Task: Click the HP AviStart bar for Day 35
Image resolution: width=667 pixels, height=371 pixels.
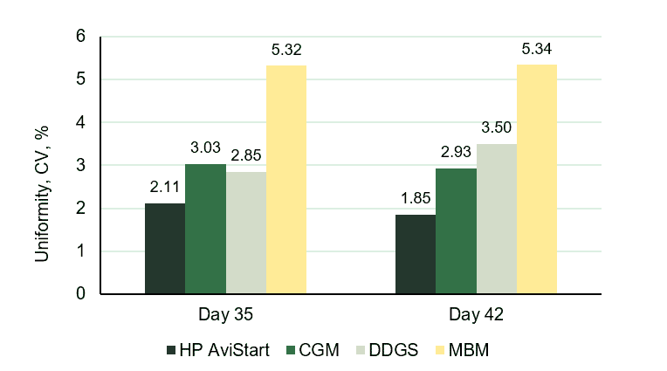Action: pyautogui.click(x=165, y=249)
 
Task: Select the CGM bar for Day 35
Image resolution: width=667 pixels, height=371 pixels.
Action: pyautogui.click(x=205, y=229)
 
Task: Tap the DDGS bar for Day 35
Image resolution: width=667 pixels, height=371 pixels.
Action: pyautogui.click(x=245, y=233)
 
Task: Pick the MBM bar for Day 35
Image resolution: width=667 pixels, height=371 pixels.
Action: pyautogui.click(x=286, y=180)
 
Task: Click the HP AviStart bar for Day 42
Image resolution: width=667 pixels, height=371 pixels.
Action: pyautogui.click(x=416, y=254)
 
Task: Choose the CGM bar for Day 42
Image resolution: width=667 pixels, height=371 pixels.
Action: pyautogui.click(x=456, y=231)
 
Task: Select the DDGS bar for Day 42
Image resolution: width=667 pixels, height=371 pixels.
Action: pyautogui.click(x=496, y=219)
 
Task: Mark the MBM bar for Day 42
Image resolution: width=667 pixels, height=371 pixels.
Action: pyautogui.click(x=537, y=179)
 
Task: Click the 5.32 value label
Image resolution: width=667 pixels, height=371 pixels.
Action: pyautogui.click(x=286, y=51)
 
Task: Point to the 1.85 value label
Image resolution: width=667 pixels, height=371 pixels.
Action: pyautogui.click(x=416, y=199)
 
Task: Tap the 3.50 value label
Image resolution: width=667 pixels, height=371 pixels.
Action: pyautogui.click(x=496, y=128)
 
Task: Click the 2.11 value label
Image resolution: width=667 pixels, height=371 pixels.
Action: pyautogui.click(x=165, y=188)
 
